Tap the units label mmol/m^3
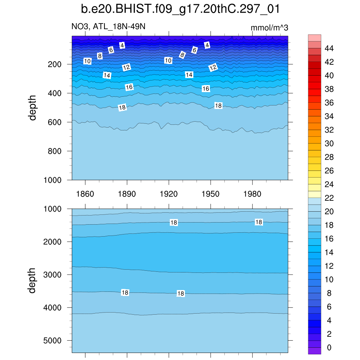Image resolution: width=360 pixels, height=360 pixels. [x=269, y=28]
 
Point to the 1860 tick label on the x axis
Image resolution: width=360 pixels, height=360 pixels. [x=85, y=194]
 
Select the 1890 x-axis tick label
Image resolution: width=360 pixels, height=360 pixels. [x=127, y=194]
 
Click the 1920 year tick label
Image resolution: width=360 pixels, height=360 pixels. [x=169, y=194]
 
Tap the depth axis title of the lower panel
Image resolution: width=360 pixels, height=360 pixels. [x=33, y=281]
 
